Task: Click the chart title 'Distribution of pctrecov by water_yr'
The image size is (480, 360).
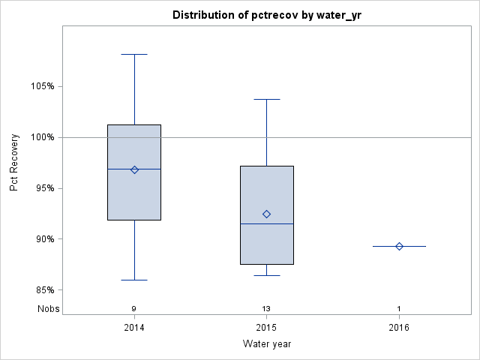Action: point(266,15)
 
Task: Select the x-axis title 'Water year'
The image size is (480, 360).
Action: point(266,343)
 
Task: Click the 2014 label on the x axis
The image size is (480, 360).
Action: point(134,328)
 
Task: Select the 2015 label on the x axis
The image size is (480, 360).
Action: point(266,328)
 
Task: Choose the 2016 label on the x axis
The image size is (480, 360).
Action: point(399,328)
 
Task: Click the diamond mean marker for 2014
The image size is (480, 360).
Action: point(134,169)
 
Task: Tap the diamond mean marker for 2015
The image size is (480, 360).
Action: point(266,214)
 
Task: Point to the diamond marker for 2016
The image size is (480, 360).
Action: point(399,246)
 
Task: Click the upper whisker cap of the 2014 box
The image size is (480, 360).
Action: point(134,54)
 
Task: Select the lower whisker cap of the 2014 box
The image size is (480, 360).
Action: point(134,280)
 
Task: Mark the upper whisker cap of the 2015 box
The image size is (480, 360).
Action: point(266,99)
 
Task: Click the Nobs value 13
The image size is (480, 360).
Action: point(266,309)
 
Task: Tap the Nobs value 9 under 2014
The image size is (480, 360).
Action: point(134,309)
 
